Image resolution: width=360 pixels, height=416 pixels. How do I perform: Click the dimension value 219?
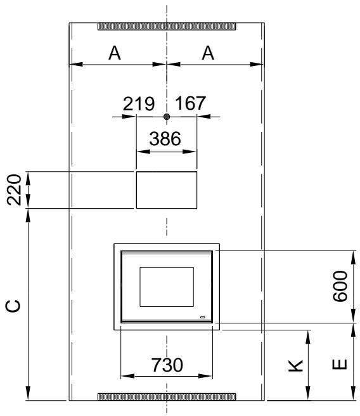tap(139, 104)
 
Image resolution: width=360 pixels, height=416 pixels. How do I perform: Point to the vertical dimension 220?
tap(15, 190)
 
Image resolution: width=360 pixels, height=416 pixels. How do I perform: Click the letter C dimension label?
tap(14, 307)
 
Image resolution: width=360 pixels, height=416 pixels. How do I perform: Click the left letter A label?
tap(115, 54)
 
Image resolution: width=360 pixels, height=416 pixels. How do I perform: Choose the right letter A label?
tap(208, 54)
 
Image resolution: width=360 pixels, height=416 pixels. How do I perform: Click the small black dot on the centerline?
tap(166, 117)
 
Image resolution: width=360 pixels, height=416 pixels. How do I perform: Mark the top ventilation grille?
tap(166, 27)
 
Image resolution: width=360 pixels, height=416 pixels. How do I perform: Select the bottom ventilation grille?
tap(166, 396)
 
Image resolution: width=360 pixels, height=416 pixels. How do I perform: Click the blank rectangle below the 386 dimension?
tap(166, 190)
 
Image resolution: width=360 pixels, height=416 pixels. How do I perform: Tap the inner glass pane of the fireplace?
tap(166, 287)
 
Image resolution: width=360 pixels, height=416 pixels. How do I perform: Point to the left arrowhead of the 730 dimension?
tap(123, 376)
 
